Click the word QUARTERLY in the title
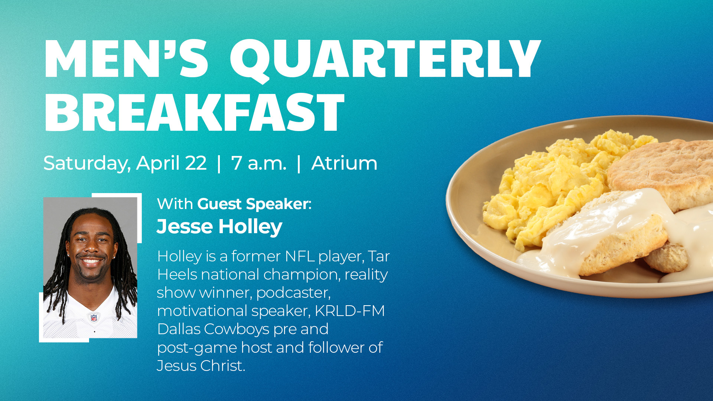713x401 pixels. (385, 59)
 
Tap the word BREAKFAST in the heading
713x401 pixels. (194, 112)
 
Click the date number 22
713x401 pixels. (196, 163)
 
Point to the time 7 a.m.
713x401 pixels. (259, 163)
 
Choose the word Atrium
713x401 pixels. (344, 163)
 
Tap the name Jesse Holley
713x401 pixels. (219, 227)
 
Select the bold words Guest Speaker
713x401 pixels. (253, 204)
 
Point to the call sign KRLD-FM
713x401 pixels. (349, 311)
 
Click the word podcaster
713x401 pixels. (293, 293)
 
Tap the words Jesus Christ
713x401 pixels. (201, 366)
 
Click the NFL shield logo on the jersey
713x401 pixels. (94, 317)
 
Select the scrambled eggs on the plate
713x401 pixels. (550, 186)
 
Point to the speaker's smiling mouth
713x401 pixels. (91, 261)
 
